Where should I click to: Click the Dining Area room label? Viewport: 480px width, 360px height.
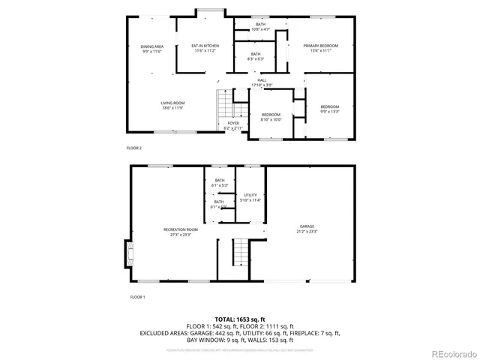[152, 49]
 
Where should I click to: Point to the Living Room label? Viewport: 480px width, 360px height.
[172, 106]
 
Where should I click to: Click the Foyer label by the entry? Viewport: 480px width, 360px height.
[233, 126]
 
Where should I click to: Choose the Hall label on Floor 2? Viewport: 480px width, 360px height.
[262, 82]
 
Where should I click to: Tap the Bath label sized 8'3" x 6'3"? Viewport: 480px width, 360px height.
[256, 56]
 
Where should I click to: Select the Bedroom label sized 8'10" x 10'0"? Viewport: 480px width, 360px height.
[270, 117]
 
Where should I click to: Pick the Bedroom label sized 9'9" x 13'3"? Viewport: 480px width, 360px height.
[330, 109]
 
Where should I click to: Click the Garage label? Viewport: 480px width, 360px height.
[307, 229]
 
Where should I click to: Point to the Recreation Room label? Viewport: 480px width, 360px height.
[181, 232]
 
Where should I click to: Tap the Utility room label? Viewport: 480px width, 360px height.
[250, 197]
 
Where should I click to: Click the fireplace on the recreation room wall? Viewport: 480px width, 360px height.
[127, 253]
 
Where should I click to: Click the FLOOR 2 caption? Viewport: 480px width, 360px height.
[133, 148]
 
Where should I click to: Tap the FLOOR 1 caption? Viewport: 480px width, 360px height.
[136, 298]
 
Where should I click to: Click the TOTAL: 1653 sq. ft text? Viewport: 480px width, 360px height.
[239, 319]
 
